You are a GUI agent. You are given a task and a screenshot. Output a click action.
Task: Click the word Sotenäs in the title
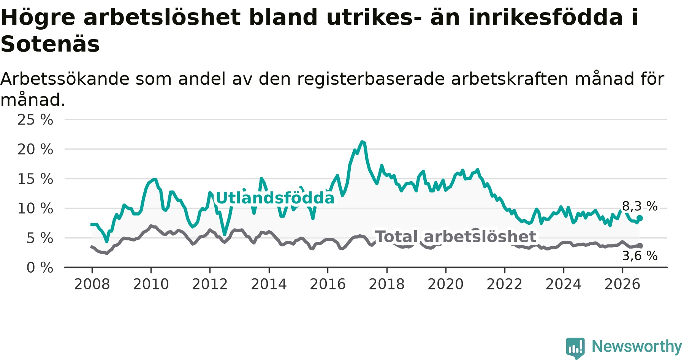50,44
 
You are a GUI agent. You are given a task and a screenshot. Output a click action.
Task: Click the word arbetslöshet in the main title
162,17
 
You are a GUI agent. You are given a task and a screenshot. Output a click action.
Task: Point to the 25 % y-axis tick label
35,120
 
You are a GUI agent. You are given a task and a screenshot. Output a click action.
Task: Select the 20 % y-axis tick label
35,149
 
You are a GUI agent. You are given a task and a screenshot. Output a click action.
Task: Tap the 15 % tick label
35,179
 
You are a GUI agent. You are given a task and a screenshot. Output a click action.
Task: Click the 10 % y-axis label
35,208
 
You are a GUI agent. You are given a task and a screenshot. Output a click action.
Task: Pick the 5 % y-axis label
40,238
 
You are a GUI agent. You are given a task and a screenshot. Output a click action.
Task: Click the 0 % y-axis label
40,268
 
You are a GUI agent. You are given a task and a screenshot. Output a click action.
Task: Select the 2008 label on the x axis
92,284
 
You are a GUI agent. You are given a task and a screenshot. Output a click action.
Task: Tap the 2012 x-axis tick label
210,284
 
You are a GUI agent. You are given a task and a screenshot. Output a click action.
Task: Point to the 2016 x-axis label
328,284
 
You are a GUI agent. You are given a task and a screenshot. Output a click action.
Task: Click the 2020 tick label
446,284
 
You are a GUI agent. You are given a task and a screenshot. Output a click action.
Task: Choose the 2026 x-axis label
622,284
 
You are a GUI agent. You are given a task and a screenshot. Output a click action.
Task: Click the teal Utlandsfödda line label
275,198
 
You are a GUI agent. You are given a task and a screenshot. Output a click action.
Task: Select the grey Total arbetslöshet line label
456,237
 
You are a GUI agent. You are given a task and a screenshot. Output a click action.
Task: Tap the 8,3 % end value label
640,206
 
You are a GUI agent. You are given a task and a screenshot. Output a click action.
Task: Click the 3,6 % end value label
640,256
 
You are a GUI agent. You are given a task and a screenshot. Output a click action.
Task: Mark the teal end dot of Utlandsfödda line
640,218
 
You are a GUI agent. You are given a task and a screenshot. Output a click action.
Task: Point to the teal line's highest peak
362,142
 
